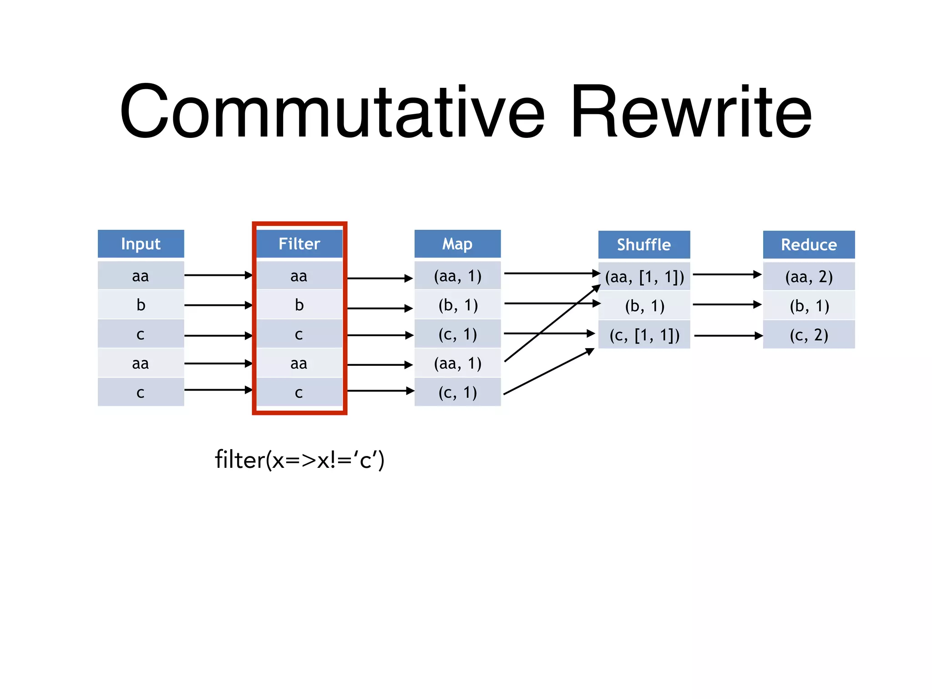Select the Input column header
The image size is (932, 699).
click(141, 244)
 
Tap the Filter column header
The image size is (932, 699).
click(299, 244)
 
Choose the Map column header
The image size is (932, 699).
click(457, 244)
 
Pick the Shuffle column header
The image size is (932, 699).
click(643, 245)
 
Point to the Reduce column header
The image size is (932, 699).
click(809, 245)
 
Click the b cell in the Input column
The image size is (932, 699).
click(141, 305)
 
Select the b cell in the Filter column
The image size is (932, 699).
click(299, 305)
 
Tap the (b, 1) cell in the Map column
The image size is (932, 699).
click(457, 305)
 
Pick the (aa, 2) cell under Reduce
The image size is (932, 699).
click(809, 277)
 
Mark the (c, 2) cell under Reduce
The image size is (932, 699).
click(809, 335)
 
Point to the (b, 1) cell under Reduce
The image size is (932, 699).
click(809, 306)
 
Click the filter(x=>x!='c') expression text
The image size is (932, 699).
click(299, 460)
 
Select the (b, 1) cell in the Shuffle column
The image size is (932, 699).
click(644, 306)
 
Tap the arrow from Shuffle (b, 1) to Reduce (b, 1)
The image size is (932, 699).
click(726, 304)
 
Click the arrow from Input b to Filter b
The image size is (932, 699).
click(218, 305)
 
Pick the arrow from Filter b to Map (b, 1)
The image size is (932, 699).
click(380, 309)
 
